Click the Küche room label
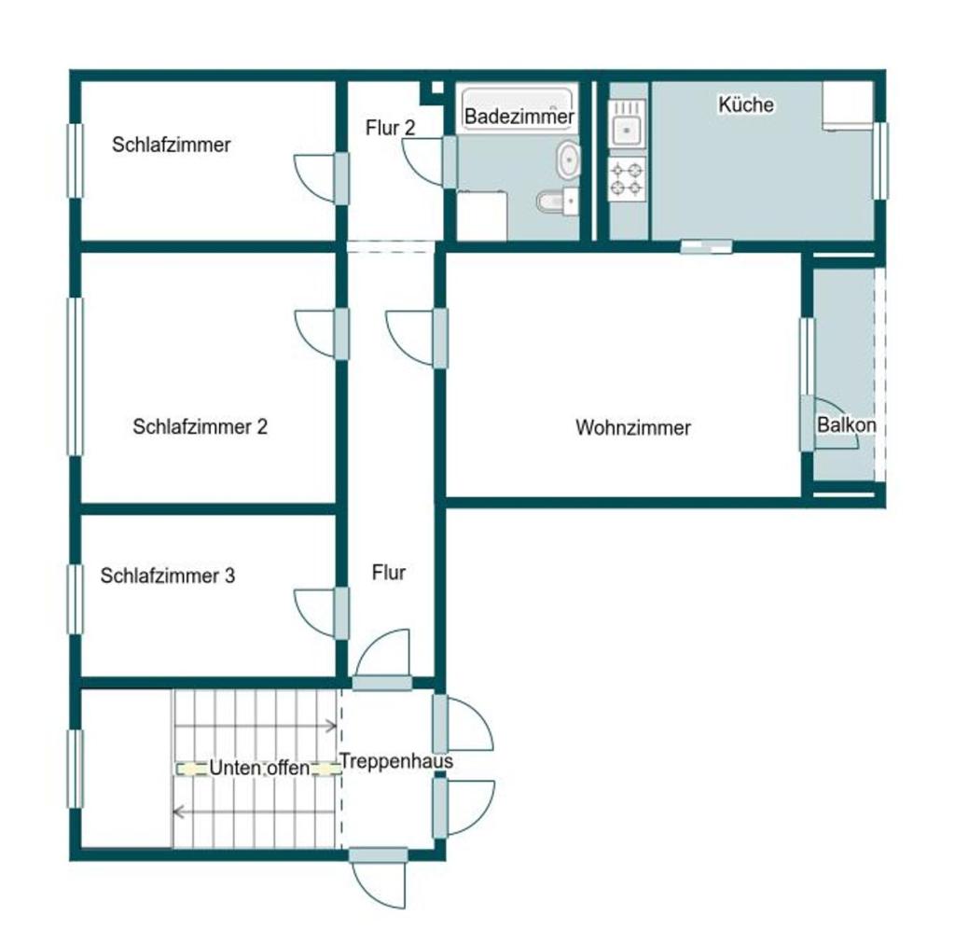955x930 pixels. (x=746, y=104)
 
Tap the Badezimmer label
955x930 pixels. (x=519, y=117)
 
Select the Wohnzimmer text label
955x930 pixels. (x=633, y=427)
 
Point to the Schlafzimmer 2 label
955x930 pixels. (x=200, y=426)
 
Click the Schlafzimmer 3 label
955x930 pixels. (x=168, y=576)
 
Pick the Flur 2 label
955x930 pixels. (x=391, y=128)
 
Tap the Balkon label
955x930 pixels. (x=847, y=424)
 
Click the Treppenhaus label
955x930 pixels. (x=396, y=760)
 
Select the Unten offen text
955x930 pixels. (x=259, y=768)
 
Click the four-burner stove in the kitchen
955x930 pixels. (x=627, y=179)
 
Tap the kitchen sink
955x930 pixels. (x=627, y=124)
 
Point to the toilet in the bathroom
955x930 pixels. (x=557, y=200)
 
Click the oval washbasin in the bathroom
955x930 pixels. (x=568, y=160)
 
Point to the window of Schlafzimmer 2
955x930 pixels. (x=75, y=376)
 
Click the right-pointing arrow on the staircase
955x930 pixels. (x=256, y=726)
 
